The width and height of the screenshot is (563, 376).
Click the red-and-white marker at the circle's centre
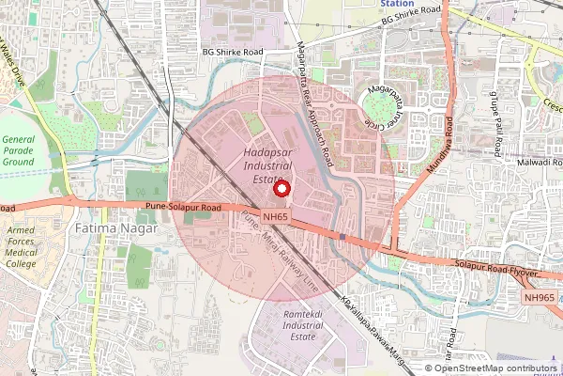[x=281, y=188]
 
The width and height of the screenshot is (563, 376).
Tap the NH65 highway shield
[x=274, y=217]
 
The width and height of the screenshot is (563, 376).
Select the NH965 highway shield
[x=540, y=297]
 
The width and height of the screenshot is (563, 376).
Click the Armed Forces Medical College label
[x=23, y=247]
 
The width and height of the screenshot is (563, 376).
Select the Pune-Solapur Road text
[x=184, y=205]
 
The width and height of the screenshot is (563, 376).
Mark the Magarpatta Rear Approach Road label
[x=314, y=103]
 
